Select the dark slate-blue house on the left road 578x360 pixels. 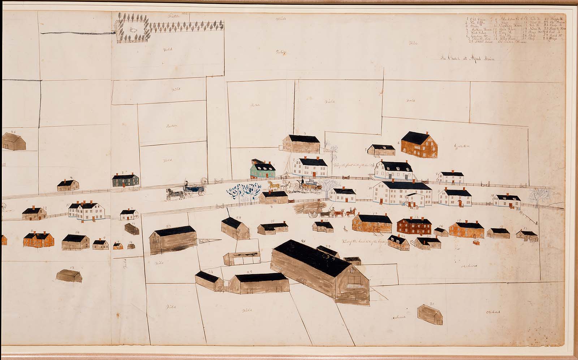click(x=125, y=180)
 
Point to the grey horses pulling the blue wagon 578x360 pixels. click(x=174, y=194)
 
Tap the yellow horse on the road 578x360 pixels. click(x=275, y=186)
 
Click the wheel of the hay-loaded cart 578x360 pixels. click(x=313, y=214)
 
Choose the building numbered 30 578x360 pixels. click(x=430, y=315)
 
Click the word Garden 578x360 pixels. click(x=461, y=146)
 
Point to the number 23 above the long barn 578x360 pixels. click(x=168, y=226)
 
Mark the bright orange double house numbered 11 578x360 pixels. click(x=39, y=239)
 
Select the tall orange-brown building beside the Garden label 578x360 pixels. click(x=420, y=145)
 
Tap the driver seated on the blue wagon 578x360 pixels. click(x=186, y=185)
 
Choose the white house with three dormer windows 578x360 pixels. click(x=393, y=171)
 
